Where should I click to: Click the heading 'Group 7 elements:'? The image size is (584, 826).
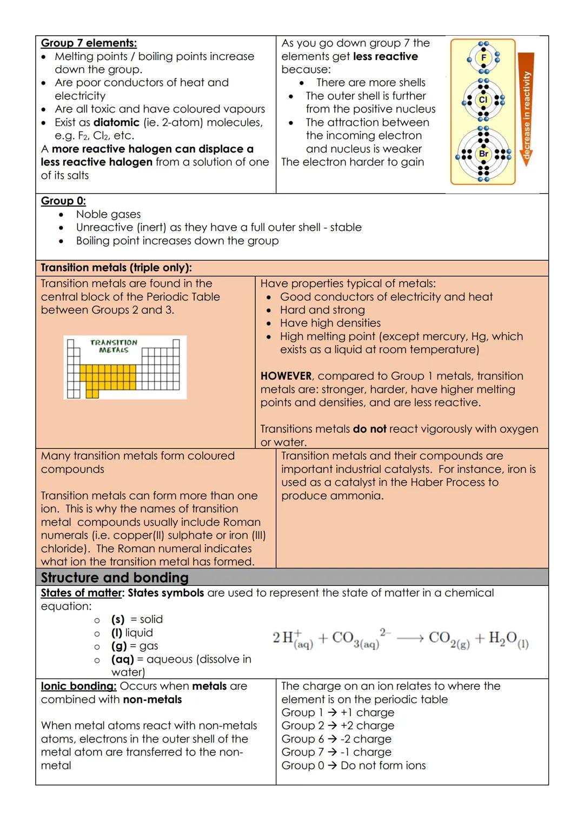click(x=89, y=43)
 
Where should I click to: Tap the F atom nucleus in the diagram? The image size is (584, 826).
click(x=483, y=58)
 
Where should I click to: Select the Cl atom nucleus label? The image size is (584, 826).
click(x=483, y=100)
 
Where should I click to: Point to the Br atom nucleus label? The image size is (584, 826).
click(x=483, y=154)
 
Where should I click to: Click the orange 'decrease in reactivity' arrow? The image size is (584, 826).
click(x=526, y=108)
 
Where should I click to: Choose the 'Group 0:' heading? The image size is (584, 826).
click(x=63, y=201)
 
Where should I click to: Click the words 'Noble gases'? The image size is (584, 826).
click(x=108, y=214)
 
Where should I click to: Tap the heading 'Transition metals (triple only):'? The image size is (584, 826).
click(x=116, y=268)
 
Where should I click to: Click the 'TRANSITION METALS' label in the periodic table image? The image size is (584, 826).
click(x=114, y=346)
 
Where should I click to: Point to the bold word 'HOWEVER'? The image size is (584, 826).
click(x=286, y=376)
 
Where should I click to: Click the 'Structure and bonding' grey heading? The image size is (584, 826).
click(x=115, y=578)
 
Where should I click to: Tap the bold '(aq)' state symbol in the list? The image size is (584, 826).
click(x=122, y=659)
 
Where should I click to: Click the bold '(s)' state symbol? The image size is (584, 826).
click(x=118, y=619)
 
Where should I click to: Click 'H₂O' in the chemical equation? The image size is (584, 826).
click(x=503, y=639)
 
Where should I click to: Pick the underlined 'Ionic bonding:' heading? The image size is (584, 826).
click(x=78, y=686)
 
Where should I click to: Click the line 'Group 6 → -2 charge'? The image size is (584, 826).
click(x=336, y=739)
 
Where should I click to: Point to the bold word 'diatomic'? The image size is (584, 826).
click(x=116, y=123)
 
